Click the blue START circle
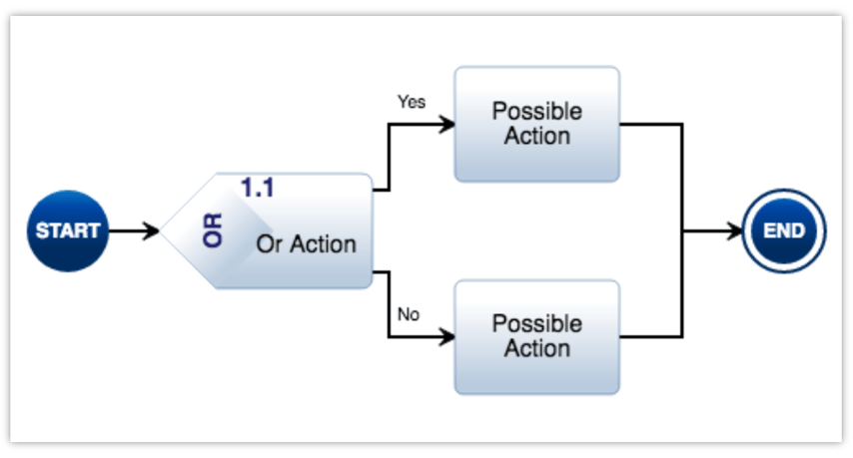tap(68, 231)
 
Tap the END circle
tap(784, 231)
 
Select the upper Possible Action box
tap(537, 124)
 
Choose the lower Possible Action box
tap(537, 337)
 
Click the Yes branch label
tap(412, 102)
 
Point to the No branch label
tap(409, 314)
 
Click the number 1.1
tap(257, 187)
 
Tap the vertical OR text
tap(213, 230)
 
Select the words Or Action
tap(306, 244)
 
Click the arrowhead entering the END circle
tap(736, 231)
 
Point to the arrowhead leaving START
tap(152, 231)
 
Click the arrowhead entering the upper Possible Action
tap(447, 124)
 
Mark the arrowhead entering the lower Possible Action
tap(447, 337)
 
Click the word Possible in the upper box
tap(537, 112)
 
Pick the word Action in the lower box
tap(537, 349)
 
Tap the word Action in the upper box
tap(537, 137)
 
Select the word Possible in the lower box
tap(537, 324)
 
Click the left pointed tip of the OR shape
tap(164, 231)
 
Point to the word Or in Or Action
tap(268, 244)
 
